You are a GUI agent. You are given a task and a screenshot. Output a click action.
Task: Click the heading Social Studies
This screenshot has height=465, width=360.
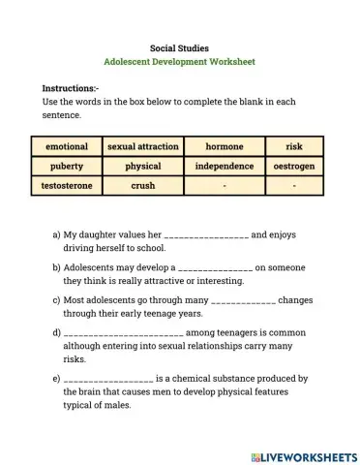[x=179, y=46]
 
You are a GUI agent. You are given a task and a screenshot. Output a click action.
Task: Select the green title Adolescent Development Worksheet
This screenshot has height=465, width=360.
[x=179, y=61]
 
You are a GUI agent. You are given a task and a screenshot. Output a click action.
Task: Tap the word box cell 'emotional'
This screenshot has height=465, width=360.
[x=67, y=147]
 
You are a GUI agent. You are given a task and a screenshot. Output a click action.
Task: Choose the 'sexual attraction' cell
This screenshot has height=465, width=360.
[x=142, y=147]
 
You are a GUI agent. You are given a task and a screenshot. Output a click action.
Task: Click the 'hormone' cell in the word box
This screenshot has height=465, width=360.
[x=224, y=147]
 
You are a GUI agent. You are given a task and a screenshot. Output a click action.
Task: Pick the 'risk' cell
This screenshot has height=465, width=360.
[x=294, y=147]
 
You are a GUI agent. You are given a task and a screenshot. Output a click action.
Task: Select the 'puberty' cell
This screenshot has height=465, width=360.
[x=67, y=167]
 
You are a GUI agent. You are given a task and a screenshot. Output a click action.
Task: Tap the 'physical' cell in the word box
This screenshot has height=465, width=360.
[x=142, y=167]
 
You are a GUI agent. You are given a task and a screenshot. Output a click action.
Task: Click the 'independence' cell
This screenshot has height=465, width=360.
[x=224, y=167]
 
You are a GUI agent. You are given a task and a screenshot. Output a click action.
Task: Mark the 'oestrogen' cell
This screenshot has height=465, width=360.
[x=294, y=167]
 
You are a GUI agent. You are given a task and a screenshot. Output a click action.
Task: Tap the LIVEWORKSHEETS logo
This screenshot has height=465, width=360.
[x=303, y=454]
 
